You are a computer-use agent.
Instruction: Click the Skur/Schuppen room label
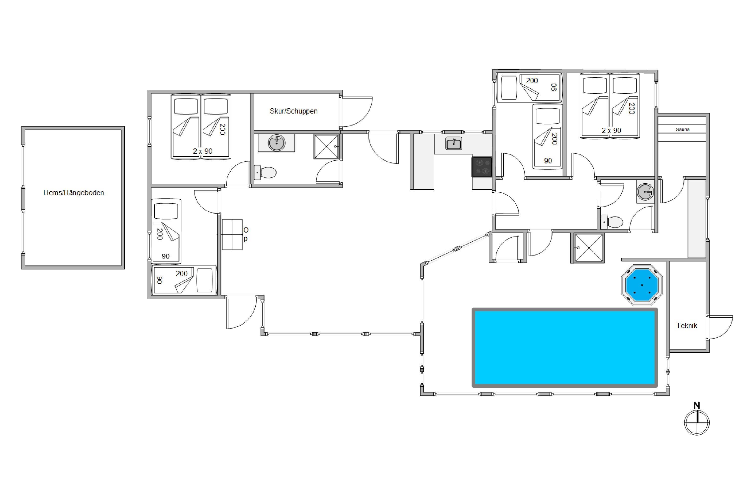pyautogui.click(x=293, y=111)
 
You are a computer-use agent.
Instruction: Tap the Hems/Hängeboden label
pyautogui.click(x=74, y=193)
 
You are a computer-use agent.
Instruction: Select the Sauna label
pyautogui.click(x=682, y=129)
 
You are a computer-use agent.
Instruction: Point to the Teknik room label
pyautogui.click(x=687, y=326)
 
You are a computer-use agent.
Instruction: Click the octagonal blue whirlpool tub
pyautogui.click(x=642, y=285)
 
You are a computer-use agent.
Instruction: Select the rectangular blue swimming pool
pyautogui.click(x=564, y=348)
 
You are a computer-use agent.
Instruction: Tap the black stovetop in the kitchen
pyautogui.click(x=482, y=167)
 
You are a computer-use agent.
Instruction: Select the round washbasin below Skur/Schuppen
pyautogui.click(x=276, y=143)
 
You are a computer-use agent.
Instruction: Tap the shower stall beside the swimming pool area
pyautogui.click(x=589, y=248)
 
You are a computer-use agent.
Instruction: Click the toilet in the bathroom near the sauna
pyautogui.click(x=612, y=222)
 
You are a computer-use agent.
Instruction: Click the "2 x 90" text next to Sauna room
pyautogui.click(x=611, y=130)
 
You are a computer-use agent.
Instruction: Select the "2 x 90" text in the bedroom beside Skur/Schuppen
pyautogui.click(x=202, y=151)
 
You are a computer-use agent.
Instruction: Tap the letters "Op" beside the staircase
pyautogui.click(x=246, y=234)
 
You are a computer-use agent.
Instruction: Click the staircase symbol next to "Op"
pyautogui.click(x=232, y=235)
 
